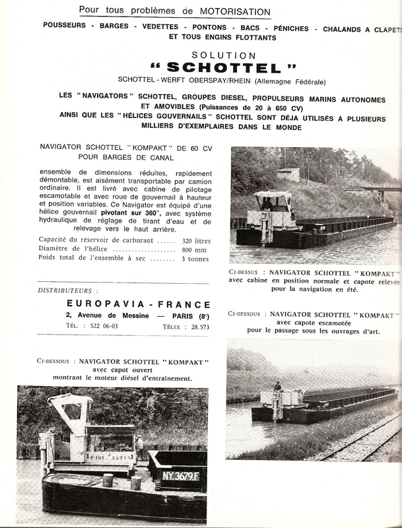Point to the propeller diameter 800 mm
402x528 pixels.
(x=196, y=251)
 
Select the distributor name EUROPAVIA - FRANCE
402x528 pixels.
(x=139, y=305)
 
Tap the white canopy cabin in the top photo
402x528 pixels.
(x=274, y=195)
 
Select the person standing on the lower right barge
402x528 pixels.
(x=278, y=387)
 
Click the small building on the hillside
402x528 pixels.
(x=288, y=174)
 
